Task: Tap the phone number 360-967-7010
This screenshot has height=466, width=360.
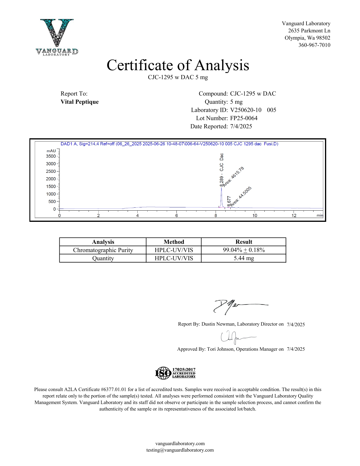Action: point(314,45)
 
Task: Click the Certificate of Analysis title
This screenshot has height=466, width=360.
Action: point(178,65)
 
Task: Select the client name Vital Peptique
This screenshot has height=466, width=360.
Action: point(80,102)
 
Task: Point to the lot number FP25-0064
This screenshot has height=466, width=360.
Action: point(244,118)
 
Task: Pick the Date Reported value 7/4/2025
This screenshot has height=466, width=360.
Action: point(241,127)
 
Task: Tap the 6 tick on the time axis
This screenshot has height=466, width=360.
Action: point(176,215)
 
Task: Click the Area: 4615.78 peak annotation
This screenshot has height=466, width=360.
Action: point(234,177)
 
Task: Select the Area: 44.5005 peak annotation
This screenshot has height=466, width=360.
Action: point(241,197)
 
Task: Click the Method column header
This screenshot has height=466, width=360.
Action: point(174,242)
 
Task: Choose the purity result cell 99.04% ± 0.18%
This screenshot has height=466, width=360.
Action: point(244,250)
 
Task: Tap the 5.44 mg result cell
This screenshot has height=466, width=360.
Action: point(244,258)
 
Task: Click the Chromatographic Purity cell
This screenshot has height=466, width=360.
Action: point(103,250)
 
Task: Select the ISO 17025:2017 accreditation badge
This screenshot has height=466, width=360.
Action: point(175,373)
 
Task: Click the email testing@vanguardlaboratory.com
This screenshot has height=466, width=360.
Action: point(180,450)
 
